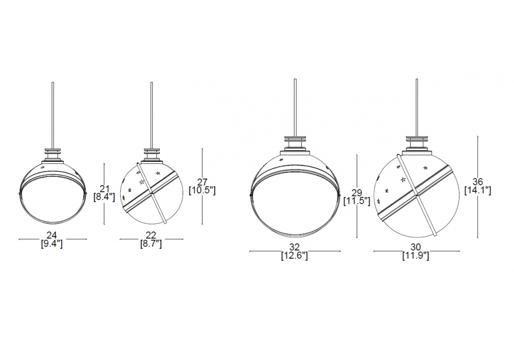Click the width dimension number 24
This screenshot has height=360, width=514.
pyautogui.click(x=52, y=235)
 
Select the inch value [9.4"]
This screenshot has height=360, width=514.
pyautogui.click(x=52, y=244)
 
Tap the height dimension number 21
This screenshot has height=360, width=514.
pyautogui.click(x=104, y=189)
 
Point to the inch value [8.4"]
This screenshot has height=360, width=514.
pyautogui.click(x=104, y=197)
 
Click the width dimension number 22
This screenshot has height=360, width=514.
pyautogui.click(x=151, y=235)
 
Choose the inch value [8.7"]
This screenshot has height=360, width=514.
pyautogui.click(x=151, y=244)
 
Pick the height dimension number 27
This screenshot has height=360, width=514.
pyautogui.click(x=202, y=182)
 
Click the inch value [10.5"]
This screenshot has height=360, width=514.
pyautogui.click(x=202, y=190)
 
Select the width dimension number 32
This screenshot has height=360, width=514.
pyautogui.click(x=295, y=247)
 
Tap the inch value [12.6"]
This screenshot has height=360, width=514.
pyautogui.click(x=295, y=256)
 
